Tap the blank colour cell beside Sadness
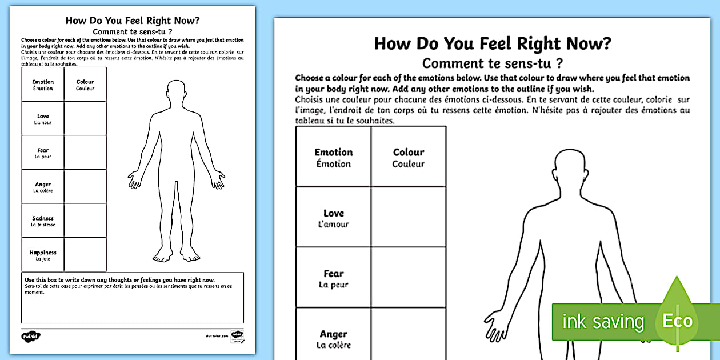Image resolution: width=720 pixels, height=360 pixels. (x=85, y=221)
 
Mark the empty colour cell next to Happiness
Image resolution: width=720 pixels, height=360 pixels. (x=85, y=255)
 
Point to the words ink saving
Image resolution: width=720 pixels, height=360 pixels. (x=602, y=322)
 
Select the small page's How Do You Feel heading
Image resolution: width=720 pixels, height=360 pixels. (x=133, y=21)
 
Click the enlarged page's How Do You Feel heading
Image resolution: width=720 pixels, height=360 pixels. (x=493, y=44)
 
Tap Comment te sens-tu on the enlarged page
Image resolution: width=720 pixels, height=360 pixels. (x=493, y=63)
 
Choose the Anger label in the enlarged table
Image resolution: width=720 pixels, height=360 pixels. (x=334, y=339)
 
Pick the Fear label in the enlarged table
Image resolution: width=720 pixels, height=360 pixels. (x=334, y=278)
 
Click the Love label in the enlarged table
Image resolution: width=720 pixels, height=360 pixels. (x=334, y=218)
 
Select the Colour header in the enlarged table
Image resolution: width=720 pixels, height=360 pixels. (x=409, y=157)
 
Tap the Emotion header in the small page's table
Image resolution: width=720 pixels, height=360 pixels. (x=43, y=85)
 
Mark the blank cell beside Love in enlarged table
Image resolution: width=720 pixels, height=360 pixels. (x=409, y=217)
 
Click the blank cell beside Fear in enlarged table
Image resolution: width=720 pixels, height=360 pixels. (x=409, y=278)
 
